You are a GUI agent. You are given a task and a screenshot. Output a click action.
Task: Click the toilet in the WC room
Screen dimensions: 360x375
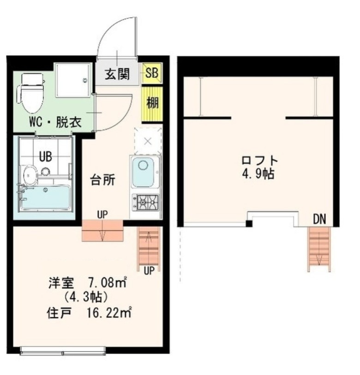coord(31,93)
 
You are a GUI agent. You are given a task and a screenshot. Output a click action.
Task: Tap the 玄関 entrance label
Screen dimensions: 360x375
coord(117,74)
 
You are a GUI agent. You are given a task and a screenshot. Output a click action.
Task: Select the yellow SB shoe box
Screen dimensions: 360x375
coord(152,73)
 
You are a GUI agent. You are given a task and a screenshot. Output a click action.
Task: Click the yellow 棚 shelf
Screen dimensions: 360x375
coord(152,103)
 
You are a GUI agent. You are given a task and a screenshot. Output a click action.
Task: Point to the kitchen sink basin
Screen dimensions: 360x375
coord(143,172)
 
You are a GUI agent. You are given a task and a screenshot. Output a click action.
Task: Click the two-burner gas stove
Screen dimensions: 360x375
coord(145,202)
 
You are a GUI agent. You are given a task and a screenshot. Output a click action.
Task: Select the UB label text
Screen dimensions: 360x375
coord(45,157)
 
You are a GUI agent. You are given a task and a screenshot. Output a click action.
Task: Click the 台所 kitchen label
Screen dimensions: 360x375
coord(102,180)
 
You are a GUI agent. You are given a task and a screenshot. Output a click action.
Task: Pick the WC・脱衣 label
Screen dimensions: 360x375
coord(55,122)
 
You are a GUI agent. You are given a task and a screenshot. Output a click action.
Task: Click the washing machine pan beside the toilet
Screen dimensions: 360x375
coord(73,80)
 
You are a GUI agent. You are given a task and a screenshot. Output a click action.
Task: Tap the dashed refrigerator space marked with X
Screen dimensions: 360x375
coord(148,141)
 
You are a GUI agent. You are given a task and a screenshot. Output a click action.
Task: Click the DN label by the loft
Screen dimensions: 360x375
coord(319,219)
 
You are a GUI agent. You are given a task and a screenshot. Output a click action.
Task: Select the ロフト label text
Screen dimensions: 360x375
coord(259,160)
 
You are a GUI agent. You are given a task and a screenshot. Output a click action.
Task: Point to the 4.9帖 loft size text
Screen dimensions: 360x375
coord(258,173)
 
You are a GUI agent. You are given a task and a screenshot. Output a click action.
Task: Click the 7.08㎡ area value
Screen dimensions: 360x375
coord(108,283)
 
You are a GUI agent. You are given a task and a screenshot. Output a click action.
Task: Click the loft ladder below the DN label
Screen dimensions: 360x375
coord(319,249)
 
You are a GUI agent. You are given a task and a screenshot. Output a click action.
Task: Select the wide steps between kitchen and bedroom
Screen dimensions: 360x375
coord(102,231)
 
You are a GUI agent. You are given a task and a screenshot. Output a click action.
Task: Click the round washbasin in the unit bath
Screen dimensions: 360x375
coord(30,176)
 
